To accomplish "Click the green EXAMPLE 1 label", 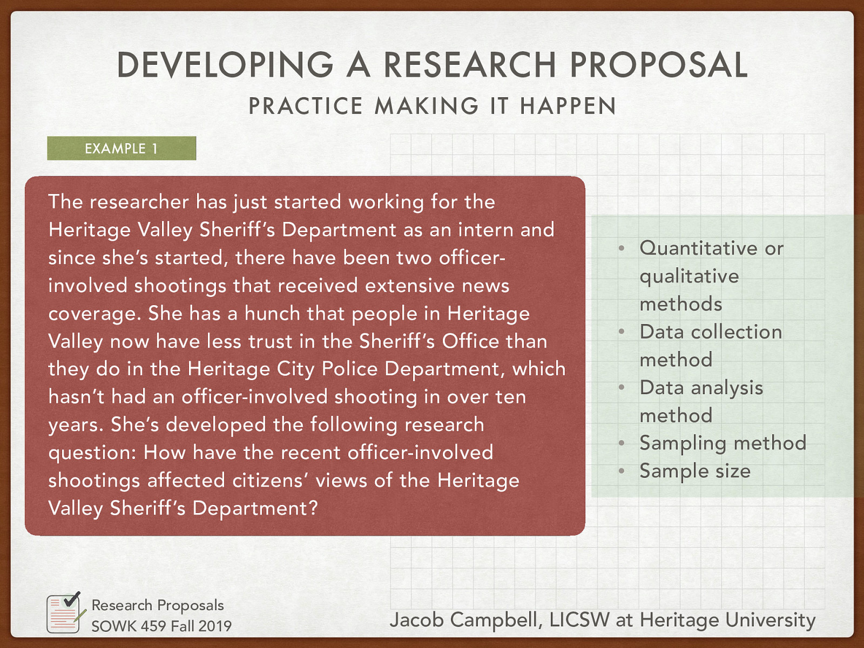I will click(122, 148).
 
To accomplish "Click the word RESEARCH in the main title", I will click(469, 65).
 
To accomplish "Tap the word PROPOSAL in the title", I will click(658, 65).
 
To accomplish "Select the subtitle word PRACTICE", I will click(306, 106).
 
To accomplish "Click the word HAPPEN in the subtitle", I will click(568, 106).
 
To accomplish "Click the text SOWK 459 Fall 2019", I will click(161, 626).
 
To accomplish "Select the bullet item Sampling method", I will click(723, 443).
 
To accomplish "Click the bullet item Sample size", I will click(695, 471).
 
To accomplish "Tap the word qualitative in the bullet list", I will click(689, 276).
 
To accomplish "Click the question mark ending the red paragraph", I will click(313, 508).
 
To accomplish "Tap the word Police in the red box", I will click(349, 369).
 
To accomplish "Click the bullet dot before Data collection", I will click(622, 332).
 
